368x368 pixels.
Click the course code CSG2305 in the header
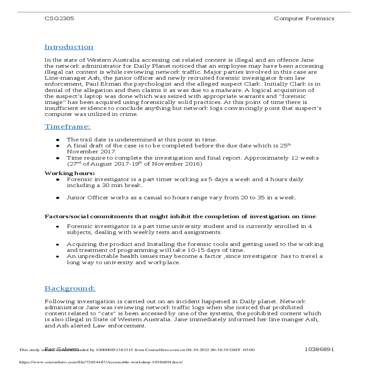tap(59, 18)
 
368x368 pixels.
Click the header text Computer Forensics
tap(304, 18)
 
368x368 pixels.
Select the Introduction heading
tap(69, 47)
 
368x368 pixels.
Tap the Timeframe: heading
tap(67, 127)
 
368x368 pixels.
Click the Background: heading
tap(70, 288)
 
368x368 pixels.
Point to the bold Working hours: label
tap(70, 173)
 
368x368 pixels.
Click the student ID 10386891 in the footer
tap(319, 349)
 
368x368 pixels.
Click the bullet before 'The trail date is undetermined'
tap(58, 140)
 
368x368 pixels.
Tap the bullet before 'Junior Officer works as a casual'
tap(58, 198)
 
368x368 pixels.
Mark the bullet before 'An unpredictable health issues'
tap(58, 256)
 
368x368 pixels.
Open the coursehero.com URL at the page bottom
tap(101, 362)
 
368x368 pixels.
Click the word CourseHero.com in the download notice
tap(162, 350)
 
